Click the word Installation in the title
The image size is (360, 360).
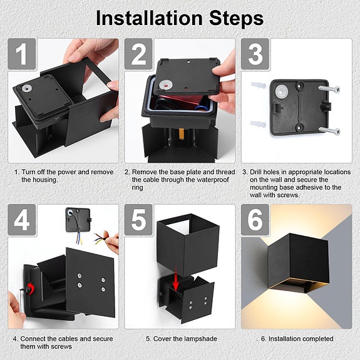click(x=149, y=18)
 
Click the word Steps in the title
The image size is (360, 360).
click(x=237, y=18)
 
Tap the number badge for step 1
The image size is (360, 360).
click(x=22, y=54)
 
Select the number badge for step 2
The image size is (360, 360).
click(x=138, y=54)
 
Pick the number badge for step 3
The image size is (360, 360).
click(x=255, y=54)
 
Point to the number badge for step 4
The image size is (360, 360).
click(x=22, y=220)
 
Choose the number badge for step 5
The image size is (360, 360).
click(x=138, y=220)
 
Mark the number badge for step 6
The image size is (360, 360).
click(x=255, y=220)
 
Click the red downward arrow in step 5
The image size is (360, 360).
click(x=176, y=282)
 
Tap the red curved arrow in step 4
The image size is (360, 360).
click(x=31, y=289)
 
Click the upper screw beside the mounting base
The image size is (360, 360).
click(x=329, y=89)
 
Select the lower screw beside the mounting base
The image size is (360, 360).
click(x=329, y=130)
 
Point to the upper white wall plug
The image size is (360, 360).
click(x=259, y=85)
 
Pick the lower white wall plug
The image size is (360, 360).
click(x=259, y=124)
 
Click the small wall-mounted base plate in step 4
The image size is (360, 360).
click(x=78, y=219)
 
